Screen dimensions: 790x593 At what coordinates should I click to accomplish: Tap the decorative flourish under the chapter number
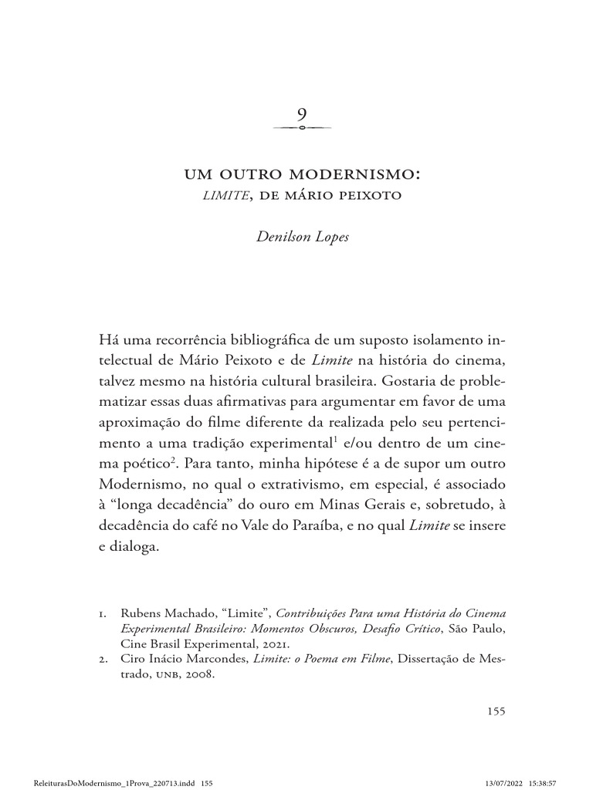tap(302, 128)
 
